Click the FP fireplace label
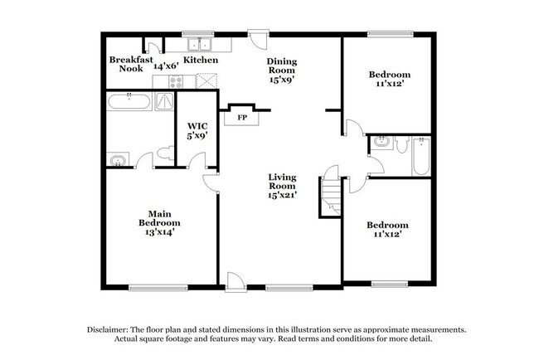point(242,118)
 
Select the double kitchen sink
point(199,44)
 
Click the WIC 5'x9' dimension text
point(197,135)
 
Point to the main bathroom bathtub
point(129,101)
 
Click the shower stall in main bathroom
point(164,101)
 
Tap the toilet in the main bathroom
point(167,153)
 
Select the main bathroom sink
point(118,160)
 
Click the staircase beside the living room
point(331,197)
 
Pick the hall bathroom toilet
point(401,145)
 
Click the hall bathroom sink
point(381,142)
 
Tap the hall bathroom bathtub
point(421,157)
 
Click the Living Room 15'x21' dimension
point(282,195)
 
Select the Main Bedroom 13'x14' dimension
point(160,232)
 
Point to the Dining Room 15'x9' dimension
point(282,79)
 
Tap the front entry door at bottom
point(236,283)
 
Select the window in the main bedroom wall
point(158,288)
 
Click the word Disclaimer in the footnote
point(108,330)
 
